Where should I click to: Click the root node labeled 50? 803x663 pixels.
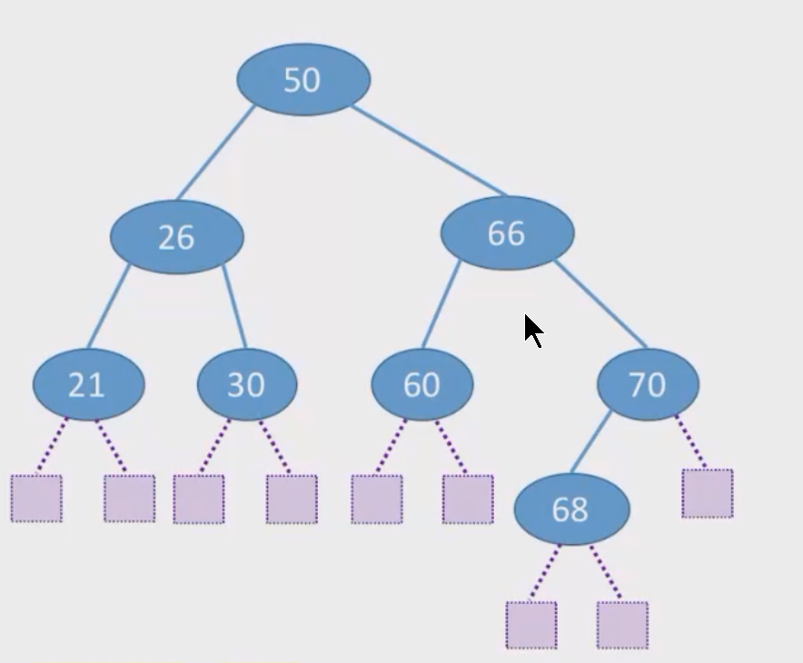303,79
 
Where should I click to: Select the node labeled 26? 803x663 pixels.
177,237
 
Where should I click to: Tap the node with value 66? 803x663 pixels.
508,233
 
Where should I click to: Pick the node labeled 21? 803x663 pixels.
89,384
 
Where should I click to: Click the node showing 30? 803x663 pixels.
247,384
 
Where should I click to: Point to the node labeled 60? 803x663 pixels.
422,384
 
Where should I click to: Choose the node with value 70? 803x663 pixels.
648,384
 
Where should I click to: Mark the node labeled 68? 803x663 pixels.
571,510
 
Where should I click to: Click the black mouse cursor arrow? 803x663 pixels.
533,331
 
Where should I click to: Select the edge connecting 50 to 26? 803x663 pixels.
215,153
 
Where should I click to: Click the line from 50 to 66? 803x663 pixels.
429,151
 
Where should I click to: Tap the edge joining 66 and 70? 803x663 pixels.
600,304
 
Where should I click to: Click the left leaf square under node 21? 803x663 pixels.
36,499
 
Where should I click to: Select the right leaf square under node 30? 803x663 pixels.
292,500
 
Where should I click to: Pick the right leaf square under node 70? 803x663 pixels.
708,493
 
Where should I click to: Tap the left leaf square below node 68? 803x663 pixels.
531,625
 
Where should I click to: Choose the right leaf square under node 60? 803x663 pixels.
468,500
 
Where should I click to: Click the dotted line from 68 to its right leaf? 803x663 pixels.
605,571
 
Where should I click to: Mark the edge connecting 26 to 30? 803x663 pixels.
234,307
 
